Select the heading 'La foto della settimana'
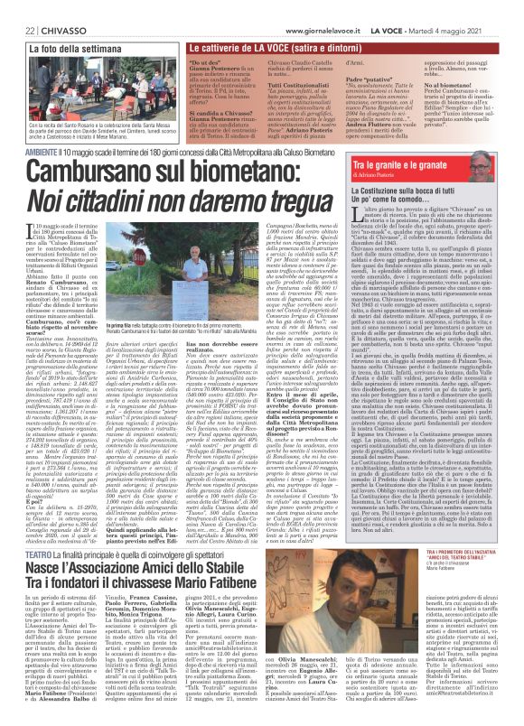55,33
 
